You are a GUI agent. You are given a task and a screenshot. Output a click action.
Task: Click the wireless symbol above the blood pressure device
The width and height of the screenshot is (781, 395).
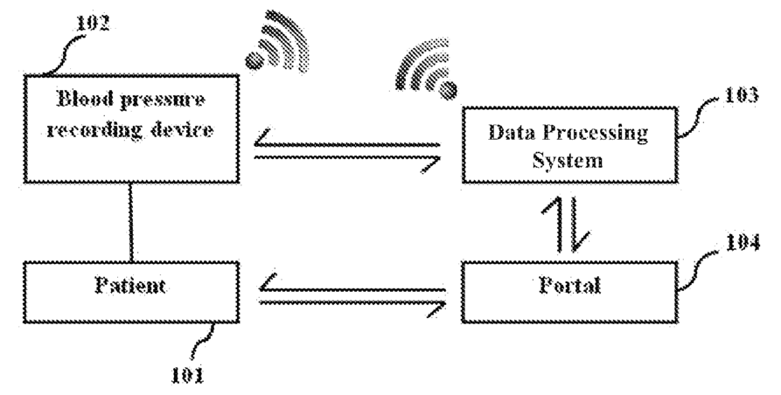(279, 44)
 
